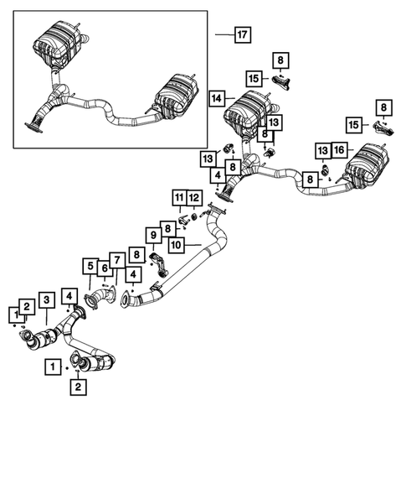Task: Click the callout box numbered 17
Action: pyautogui.click(x=242, y=34)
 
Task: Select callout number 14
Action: pyautogui.click(x=216, y=98)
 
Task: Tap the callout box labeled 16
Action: pyautogui.click(x=338, y=149)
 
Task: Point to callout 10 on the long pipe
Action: pyautogui.click(x=176, y=245)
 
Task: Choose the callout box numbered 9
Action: pyautogui.click(x=153, y=235)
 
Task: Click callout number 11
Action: pyautogui.click(x=178, y=198)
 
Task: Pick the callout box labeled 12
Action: pyautogui.click(x=194, y=198)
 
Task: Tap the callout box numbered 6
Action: pyautogui.click(x=104, y=268)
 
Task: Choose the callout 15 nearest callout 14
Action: pyautogui.click(x=254, y=77)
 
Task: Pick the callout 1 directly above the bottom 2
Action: pyautogui.click(x=54, y=367)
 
